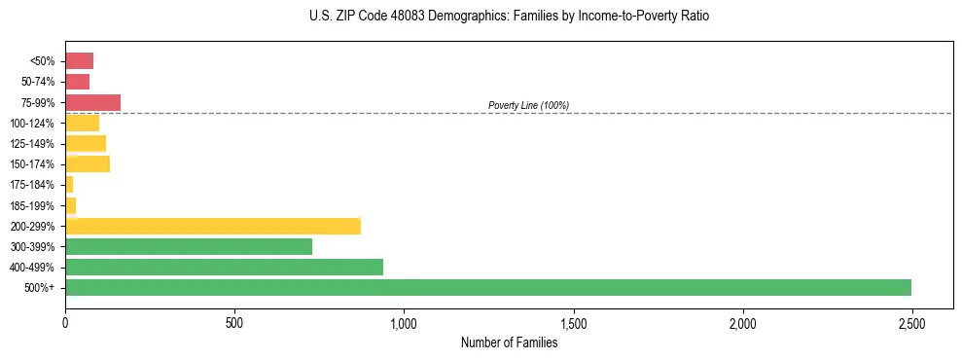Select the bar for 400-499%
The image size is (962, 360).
(224, 267)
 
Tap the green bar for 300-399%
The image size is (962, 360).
(189, 246)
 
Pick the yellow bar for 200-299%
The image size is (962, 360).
(213, 226)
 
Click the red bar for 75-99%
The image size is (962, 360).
(92, 102)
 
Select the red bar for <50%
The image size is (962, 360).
(79, 61)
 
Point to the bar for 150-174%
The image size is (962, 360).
(88, 163)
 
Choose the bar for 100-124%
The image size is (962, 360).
(82, 123)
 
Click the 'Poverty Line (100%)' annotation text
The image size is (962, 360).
(528, 105)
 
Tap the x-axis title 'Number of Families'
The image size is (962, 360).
(509, 342)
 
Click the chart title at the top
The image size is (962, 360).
(509, 17)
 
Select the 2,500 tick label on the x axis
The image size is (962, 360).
(911, 322)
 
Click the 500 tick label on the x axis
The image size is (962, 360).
(234, 322)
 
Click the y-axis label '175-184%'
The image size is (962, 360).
(34, 185)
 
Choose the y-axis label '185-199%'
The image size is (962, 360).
(34, 205)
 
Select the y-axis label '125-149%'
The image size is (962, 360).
(34, 143)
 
